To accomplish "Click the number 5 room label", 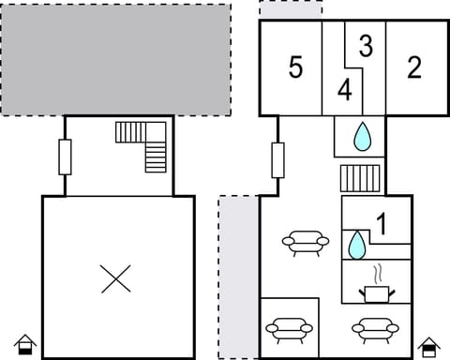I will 295,67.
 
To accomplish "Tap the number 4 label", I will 345,91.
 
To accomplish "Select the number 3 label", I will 366,45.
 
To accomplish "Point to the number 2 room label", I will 413,67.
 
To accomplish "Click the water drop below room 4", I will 362,138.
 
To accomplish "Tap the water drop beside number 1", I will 356,246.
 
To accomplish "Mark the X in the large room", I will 116,277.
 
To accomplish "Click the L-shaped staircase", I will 145,144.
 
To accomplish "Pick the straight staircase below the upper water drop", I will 359,178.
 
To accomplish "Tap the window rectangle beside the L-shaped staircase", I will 65,157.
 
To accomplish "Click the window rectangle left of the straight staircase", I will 277,160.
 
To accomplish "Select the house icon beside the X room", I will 26,345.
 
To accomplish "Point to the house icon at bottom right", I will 428,346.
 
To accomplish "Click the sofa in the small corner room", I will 289,329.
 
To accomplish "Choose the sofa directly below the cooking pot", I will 375,329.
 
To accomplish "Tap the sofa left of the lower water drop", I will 306,244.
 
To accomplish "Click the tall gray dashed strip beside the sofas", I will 238,277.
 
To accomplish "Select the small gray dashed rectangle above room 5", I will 291,9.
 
